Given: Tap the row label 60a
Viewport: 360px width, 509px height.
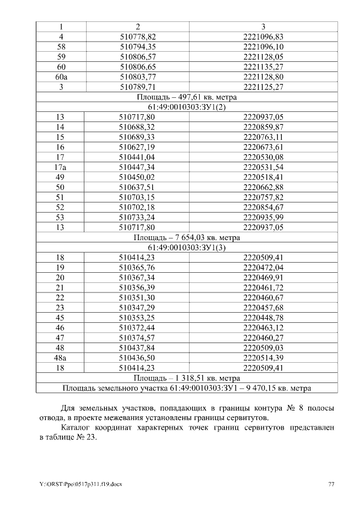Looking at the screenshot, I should click(x=61, y=76).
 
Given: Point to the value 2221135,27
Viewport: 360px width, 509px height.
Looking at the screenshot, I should click(x=263, y=66).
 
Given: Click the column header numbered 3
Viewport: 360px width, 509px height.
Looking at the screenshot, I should click(x=263, y=26).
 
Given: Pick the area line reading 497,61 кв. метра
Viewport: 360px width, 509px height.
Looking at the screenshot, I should click(x=186, y=97).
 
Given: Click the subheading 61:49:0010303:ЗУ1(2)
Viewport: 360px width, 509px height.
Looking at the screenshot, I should click(x=186, y=107).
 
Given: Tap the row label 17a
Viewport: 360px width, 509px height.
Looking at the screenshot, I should click(x=61, y=167).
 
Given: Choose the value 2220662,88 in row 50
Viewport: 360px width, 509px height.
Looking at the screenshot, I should click(x=263, y=187).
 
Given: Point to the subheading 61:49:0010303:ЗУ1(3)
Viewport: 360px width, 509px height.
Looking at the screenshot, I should click(x=186, y=247).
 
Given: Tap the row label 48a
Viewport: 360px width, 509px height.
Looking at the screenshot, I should click(x=61, y=358).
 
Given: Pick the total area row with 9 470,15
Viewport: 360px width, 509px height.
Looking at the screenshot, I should click(x=186, y=388).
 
